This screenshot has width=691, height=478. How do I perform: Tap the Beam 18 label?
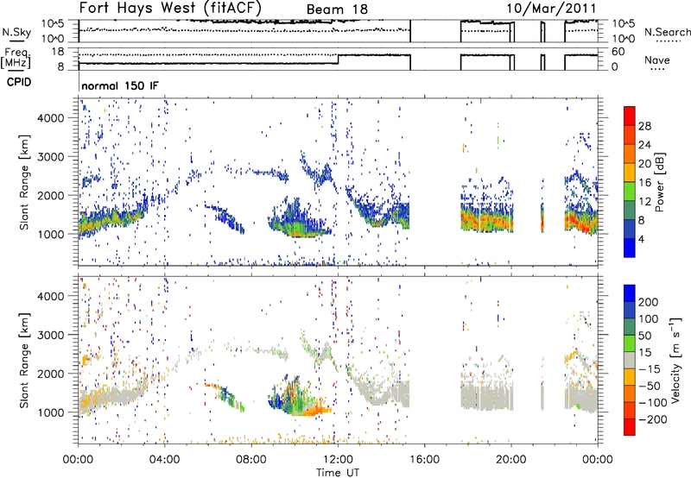(x=337, y=9)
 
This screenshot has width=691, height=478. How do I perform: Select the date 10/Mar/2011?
(x=551, y=9)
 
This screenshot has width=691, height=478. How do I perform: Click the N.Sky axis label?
(x=16, y=32)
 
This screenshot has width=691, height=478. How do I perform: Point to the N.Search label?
(x=668, y=32)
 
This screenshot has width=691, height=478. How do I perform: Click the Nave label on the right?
(x=657, y=60)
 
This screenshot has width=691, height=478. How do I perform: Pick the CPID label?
(x=19, y=82)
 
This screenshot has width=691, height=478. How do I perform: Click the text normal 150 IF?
(x=120, y=85)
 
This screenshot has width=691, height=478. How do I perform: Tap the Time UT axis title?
(x=338, y=473)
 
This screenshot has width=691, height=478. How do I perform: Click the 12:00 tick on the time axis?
(x=338, y=460)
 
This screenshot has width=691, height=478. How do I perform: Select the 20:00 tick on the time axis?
(x=511, y=460)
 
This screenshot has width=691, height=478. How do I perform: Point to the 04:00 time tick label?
(x=165, y=460)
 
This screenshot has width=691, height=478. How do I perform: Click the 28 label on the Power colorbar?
(x=644, y=126)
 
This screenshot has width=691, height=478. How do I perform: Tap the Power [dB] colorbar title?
(x=659, y=182)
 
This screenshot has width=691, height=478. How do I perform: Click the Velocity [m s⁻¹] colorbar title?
(x=675, y=360)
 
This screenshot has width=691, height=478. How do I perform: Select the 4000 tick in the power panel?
(x=51, y=118)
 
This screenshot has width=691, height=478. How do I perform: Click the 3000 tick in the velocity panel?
(x=51, y=335)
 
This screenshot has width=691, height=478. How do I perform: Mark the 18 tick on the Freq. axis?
(x=58, y=52)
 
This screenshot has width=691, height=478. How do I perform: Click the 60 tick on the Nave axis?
(x=618, y=52)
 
